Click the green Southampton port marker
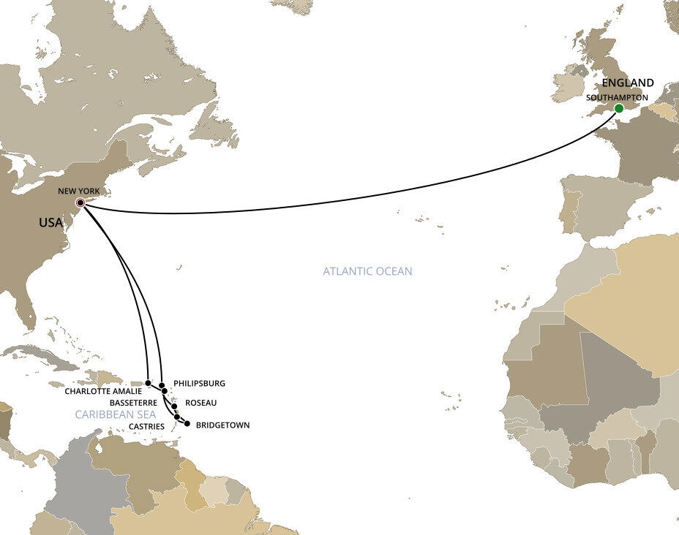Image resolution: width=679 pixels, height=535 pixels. point(619,108)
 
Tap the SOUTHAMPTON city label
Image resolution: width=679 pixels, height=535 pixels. point(617,96)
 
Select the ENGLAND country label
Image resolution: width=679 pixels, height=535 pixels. point(628,83)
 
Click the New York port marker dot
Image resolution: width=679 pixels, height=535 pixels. point(80,203)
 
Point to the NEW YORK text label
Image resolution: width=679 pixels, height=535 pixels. point(78,191)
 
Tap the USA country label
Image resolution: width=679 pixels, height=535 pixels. point(50,222)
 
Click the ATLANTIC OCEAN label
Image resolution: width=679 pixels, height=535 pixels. point(367,271)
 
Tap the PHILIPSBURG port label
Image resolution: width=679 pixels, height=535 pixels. point(199,383)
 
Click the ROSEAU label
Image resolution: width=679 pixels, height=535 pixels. point(200,403)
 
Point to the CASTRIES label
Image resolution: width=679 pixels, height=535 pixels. point(146,425)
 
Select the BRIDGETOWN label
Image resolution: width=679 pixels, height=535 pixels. point(223,425)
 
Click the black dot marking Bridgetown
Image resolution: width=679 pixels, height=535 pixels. point(187,424)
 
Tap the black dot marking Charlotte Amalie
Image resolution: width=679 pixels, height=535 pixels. point(148,382)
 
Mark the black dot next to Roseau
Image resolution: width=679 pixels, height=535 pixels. point(174,406)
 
